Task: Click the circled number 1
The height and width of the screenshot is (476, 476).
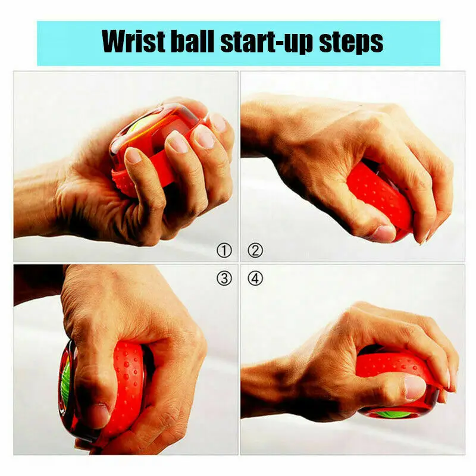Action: click(x=224, y=250)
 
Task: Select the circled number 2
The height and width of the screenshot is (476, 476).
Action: click(x=255, y=250)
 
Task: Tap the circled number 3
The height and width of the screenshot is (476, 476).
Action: click(x=224, y=278)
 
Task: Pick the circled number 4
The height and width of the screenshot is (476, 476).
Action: click(x=255, y=278)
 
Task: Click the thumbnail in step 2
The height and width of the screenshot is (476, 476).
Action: click(x=384, y=234)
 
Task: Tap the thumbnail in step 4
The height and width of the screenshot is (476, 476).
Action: click(x=415, y=388)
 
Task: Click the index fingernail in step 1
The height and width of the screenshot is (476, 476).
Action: click(x=133, y=155)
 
